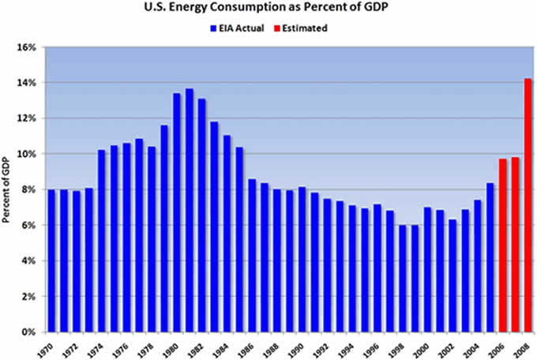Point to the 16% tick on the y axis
pos(28,47)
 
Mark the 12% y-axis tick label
pos(28,118)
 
